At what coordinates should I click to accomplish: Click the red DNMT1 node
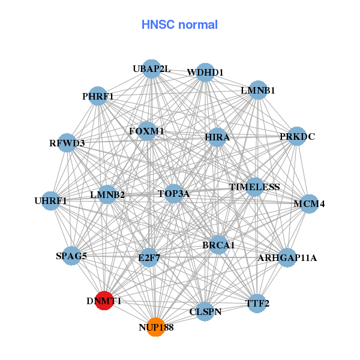click(105, 301)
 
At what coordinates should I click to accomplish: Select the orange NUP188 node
click(155, 326)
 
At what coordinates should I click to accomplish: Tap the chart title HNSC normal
click(179, 25)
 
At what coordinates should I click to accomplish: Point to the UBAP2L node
click(151, 69)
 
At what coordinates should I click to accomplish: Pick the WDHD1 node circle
click(205, 73)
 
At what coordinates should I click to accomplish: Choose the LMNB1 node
click(257, 91)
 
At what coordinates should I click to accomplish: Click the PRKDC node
click(297, 136)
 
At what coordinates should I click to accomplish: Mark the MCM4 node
click(309, 204)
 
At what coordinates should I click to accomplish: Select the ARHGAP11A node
click(287, 258)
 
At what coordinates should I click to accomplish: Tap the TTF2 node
click(257, 304)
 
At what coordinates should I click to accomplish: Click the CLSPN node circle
click(206, 311)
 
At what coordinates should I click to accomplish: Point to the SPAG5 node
click(71, 256)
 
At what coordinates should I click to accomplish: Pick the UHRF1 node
click(51, 200)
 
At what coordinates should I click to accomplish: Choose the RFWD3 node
click(67, 143)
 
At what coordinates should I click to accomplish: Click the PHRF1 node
click(98, 96)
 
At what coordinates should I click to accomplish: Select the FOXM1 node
click(146, 131)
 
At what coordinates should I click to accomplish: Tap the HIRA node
click(217, 137)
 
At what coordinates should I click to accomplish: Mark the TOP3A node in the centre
click(173, 193)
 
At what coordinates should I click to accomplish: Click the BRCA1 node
click(218, 245)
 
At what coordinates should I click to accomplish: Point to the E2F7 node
click(149, 258)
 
